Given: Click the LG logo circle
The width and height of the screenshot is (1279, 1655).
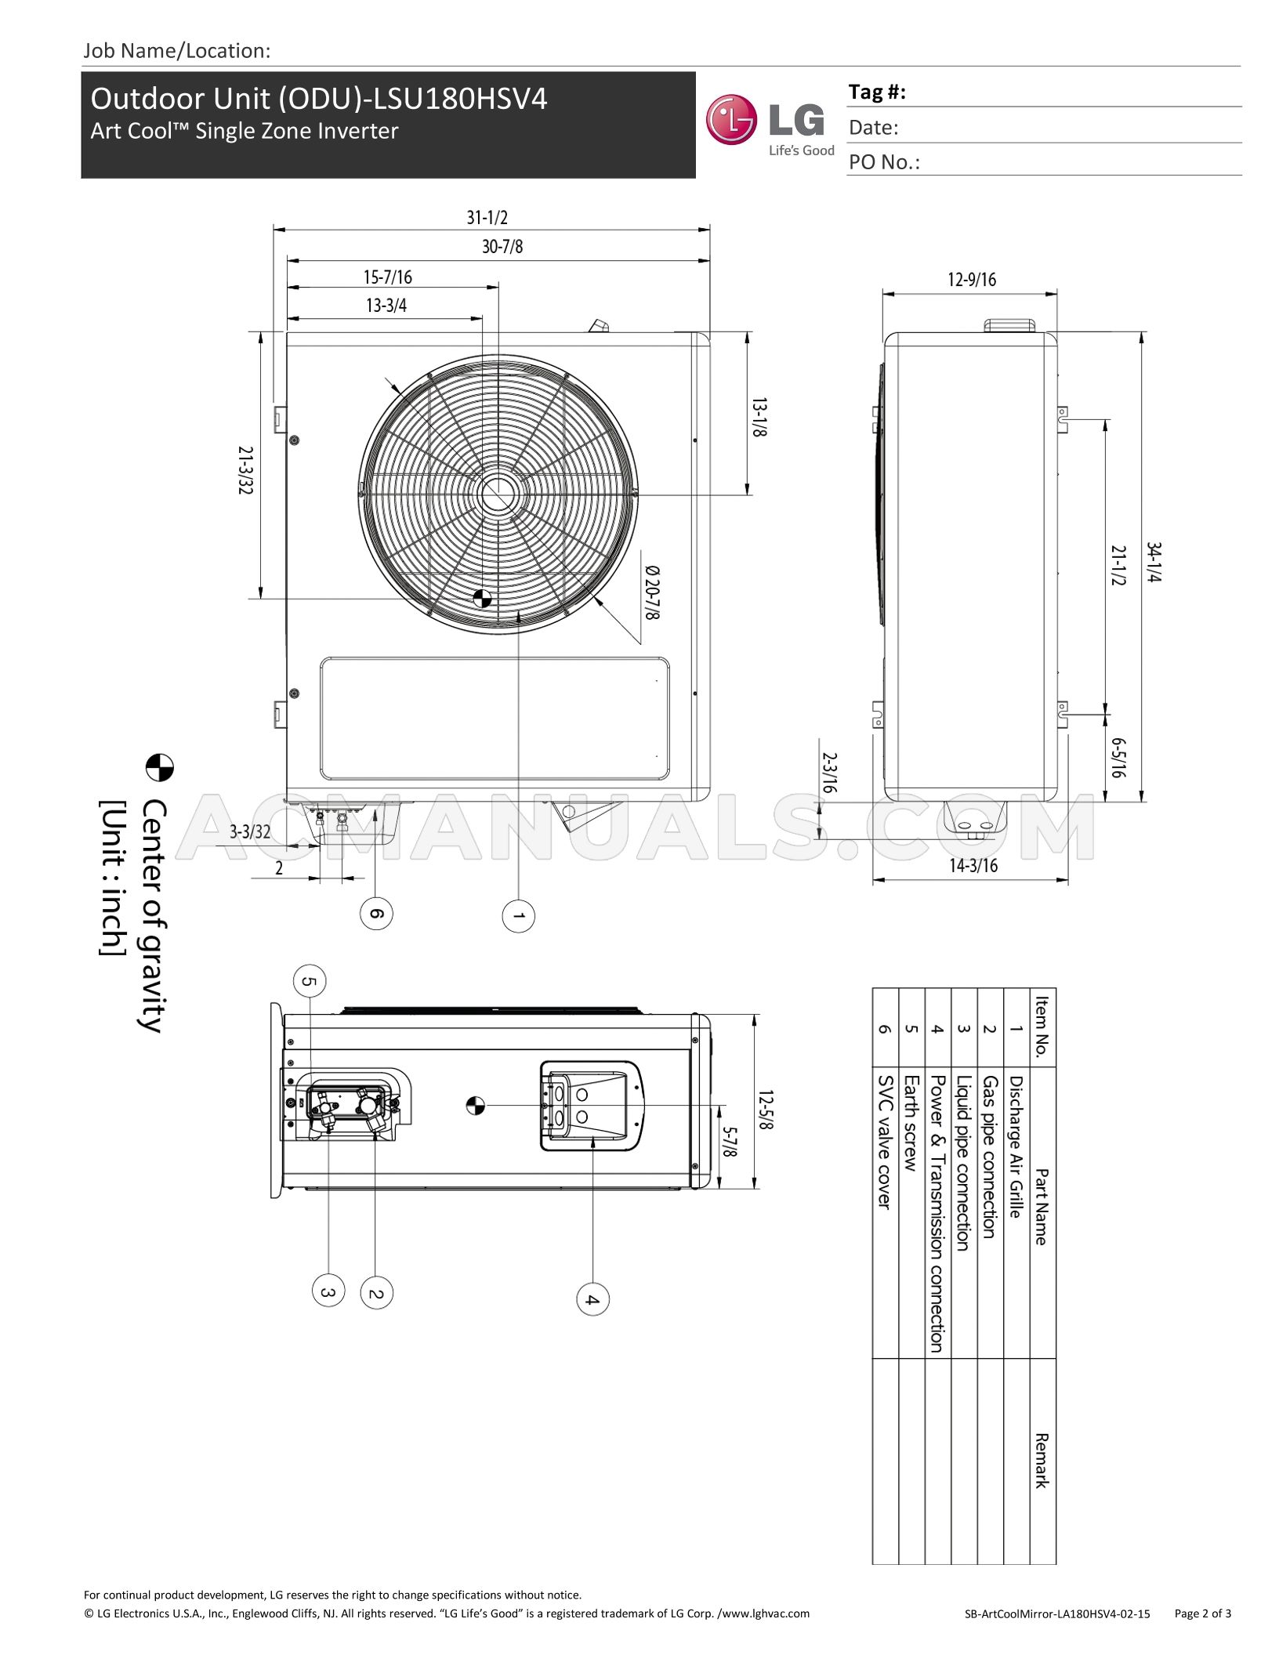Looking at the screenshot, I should (731, 120).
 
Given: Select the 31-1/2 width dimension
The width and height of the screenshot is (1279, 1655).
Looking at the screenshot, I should (487, 217).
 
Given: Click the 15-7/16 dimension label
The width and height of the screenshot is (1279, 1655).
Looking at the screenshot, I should (387, 277).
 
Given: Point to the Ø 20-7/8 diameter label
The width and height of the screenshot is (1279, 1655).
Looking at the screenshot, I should (652, 592).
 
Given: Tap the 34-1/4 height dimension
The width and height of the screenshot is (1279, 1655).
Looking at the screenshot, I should (1154, 562).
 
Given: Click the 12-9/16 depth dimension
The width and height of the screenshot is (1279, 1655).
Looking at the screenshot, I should (971, 280).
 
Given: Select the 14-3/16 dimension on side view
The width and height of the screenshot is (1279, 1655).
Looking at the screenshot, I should (973, 865).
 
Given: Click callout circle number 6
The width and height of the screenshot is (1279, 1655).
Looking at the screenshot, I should (375, 914).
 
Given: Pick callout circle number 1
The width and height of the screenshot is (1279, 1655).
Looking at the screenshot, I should (518, 915).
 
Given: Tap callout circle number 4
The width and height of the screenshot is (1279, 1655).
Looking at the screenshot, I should (592, 1299).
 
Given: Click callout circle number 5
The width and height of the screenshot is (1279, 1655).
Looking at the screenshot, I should (310, 981).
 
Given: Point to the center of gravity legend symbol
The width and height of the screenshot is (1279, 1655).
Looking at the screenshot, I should (160, 768).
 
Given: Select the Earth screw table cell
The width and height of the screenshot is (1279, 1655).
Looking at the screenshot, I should (911, 1123).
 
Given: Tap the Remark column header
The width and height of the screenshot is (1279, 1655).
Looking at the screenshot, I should (1042, 1461).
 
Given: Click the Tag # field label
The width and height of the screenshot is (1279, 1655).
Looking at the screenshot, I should (877, 92).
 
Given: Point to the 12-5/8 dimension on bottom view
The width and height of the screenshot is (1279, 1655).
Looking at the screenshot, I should (766, 1110).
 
